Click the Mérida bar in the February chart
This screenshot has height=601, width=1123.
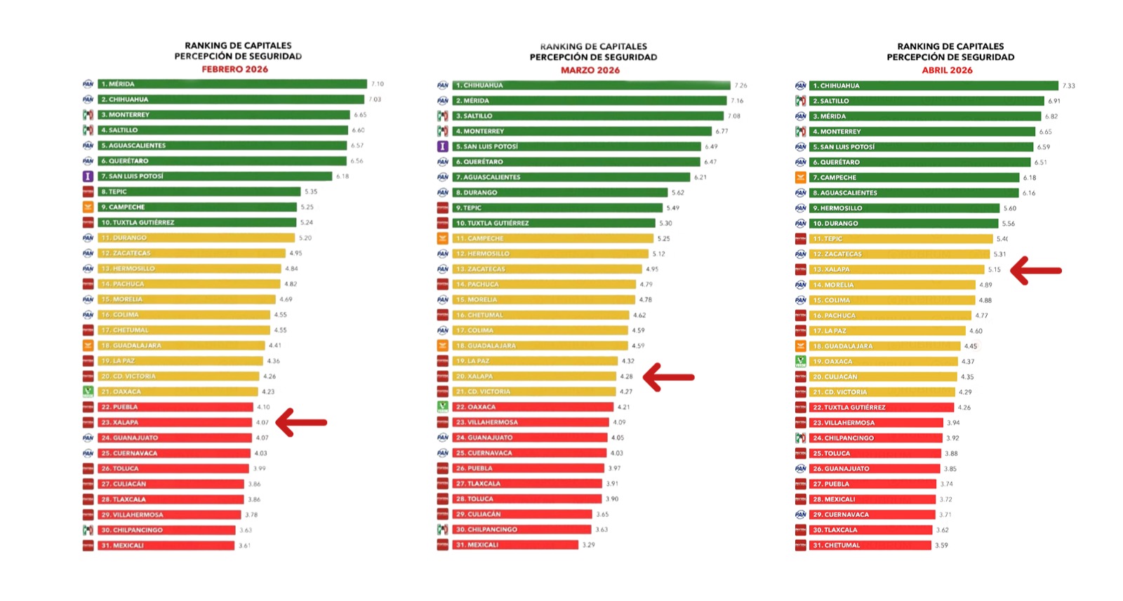point(232,84)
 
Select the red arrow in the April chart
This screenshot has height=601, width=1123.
point(1036,270)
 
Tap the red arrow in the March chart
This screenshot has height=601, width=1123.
point(668,377)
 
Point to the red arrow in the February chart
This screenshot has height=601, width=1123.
point(301,422)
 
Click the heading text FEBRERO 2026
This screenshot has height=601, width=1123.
point(234,69)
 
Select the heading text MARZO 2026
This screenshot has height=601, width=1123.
point(590,70)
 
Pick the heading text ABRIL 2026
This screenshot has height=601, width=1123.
point(947,70)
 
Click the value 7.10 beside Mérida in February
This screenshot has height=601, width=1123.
point(377,84)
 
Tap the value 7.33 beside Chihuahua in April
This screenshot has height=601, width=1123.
point(1068,86)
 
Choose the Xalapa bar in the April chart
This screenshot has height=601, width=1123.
point(897,269)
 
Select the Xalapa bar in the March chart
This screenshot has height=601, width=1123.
point(533,377)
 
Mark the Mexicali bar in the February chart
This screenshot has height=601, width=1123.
point(166,546)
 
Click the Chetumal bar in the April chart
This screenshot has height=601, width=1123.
point(870,545)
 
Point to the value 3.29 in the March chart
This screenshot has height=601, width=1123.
point(588,545)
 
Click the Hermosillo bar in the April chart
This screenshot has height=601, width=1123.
point(904,208)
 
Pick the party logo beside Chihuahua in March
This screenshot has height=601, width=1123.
point(442,86)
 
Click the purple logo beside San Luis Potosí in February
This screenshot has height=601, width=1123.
point(88,176)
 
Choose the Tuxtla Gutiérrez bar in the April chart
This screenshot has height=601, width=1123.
point(883,407)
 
